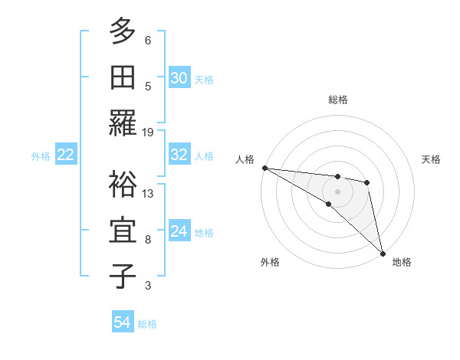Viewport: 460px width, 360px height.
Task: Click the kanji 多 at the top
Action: (x=123, y=33)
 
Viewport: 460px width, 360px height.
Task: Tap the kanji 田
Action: (x=123, y=78)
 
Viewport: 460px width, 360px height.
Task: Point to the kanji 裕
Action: (x=123, y=185)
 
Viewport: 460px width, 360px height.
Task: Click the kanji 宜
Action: (x=123, y=231)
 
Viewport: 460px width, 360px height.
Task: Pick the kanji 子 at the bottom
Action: (x=123, y=277)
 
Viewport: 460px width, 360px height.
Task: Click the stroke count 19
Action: (x=148, y=132)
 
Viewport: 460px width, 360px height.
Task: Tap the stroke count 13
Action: (x=148, y=193)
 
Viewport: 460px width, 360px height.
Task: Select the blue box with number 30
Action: (x=179, y=78)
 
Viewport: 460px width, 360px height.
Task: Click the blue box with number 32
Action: (x=179, y=155)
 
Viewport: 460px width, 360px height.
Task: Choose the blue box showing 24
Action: (x=179, y=231)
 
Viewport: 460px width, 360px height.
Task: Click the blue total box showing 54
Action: (x=122, y=322)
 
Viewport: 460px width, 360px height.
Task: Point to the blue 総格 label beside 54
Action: (x=147, y=324)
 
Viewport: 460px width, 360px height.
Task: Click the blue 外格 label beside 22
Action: (x=41, y=156)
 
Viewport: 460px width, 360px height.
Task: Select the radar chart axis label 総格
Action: (x=337, y=100)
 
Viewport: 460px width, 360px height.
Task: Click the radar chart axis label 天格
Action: (x=432, y=159)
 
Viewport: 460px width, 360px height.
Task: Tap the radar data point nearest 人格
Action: (x=264, y=168)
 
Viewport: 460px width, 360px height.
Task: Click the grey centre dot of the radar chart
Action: (x=337, y=191)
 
